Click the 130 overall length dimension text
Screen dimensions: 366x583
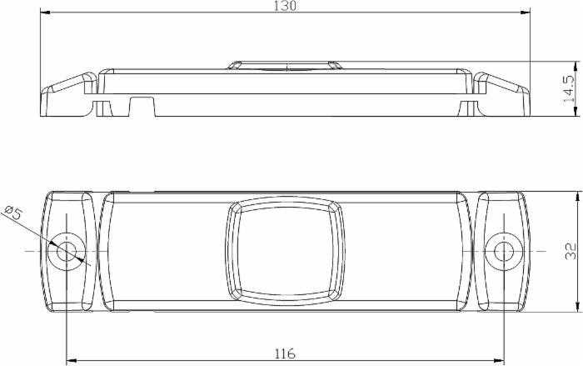pyautogui.click(x=286, y=6)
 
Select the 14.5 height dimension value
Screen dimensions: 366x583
pyautogui.click(x=569, y=88)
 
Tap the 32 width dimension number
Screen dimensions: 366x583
pyautogui.click(x=570, y=251)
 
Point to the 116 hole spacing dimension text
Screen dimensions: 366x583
pyautogui.click(x=284, y=353)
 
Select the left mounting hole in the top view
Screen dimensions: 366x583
pyautogui.click(x=65, y=250)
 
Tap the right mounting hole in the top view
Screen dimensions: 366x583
pyautogui.click(x=502, y=250)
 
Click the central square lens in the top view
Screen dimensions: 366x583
pyautogui.click(x=284, y=249)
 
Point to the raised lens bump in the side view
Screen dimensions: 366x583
pyautogui.click(x=284, y=65)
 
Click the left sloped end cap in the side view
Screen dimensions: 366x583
pyautogui.click(x=67, y=93)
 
